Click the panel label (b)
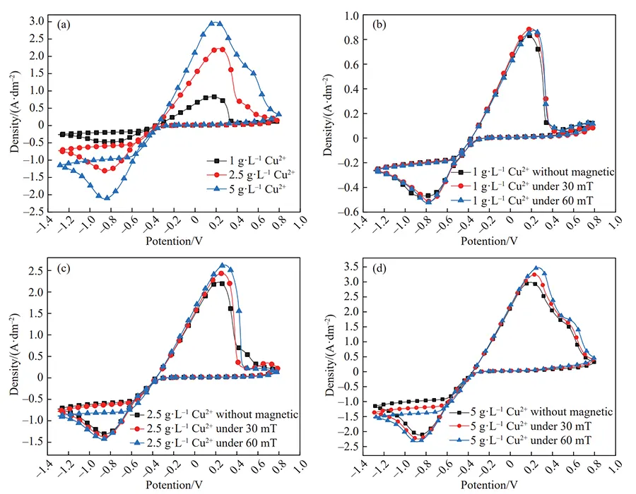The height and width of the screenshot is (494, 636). pyautogui.click(x=379, y=22)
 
